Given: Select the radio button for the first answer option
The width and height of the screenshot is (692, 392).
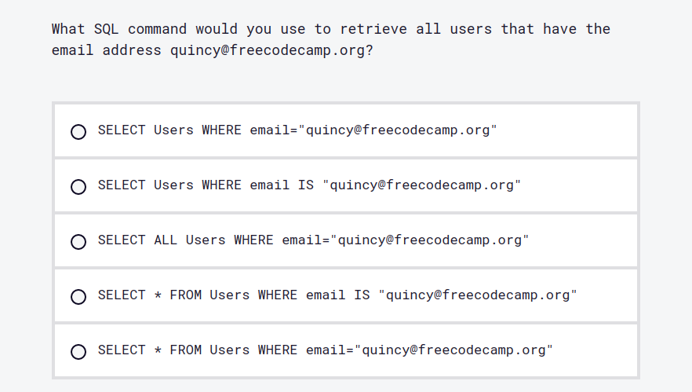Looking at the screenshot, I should pos(78,132).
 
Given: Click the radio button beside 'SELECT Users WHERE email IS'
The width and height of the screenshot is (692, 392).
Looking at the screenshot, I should pos(78,187).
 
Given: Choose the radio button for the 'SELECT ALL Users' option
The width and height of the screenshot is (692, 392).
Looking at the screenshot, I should pos(78,242).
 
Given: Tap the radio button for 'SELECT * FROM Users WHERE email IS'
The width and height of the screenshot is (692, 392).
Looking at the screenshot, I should pos(78,297).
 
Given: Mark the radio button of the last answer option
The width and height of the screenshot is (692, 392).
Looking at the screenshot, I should pos(78,352).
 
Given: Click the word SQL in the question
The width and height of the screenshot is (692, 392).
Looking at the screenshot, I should pos(106,29).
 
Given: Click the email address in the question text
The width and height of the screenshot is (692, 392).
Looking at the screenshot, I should pos(268,50).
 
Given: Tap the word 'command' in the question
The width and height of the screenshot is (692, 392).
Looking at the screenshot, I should pos(158,29).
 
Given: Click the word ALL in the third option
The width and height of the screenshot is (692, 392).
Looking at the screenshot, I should pos(166,240).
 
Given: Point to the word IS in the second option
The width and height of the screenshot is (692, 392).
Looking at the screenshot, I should pos(305,185).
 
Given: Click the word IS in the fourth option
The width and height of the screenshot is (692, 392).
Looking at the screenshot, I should pos(361,295).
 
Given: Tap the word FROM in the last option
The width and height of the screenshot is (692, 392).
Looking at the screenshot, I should pos(186,350).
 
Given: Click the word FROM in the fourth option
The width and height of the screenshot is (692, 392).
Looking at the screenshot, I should pos(186,295).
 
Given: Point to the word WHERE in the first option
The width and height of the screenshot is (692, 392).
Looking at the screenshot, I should pos(221,130).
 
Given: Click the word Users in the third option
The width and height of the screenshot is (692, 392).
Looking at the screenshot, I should pos(206,240).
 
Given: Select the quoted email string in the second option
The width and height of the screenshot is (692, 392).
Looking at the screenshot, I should pos(421,185).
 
